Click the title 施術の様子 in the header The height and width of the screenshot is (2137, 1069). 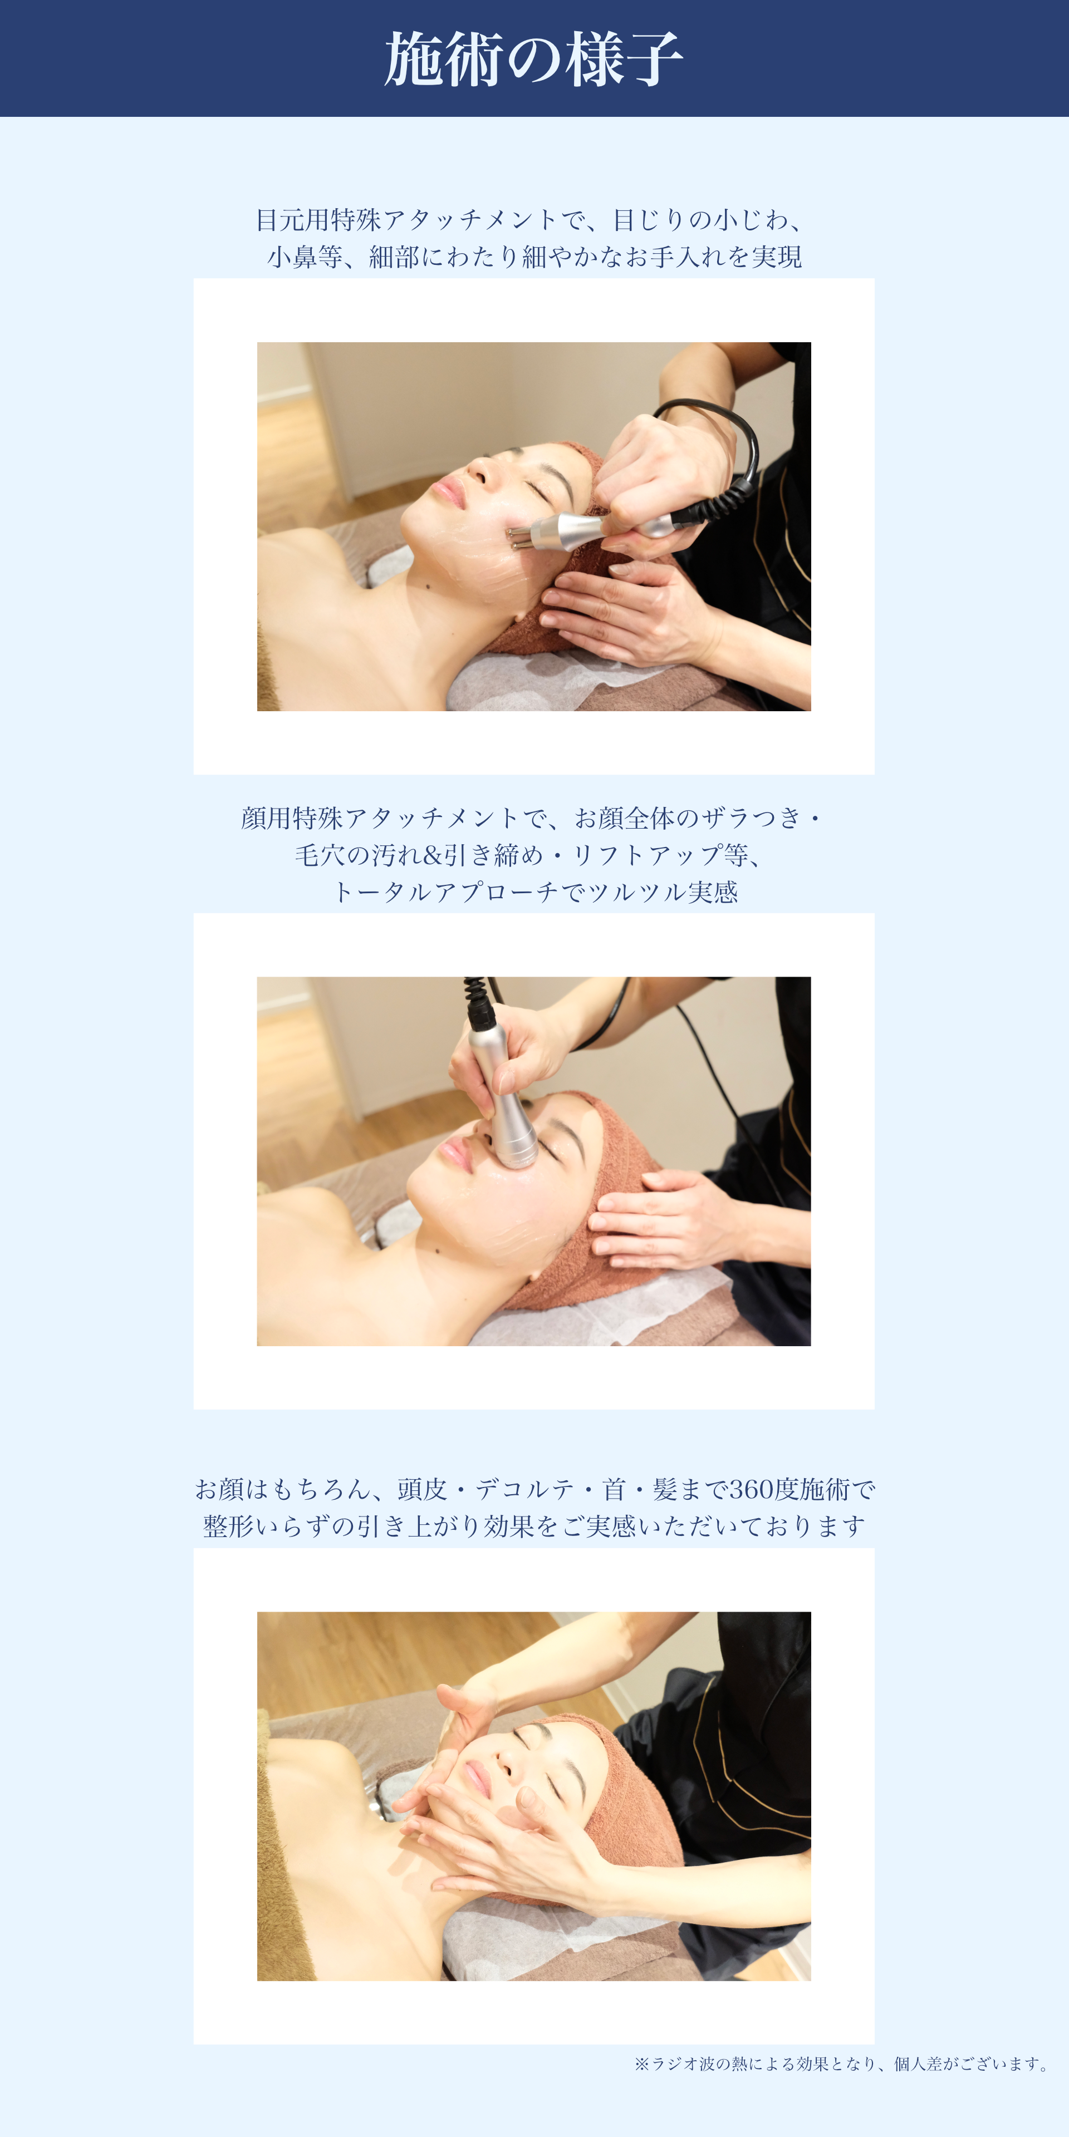(x=534, y=59)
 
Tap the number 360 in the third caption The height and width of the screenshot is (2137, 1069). (x=751, y=1489)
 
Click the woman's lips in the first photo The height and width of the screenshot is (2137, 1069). (x=448, y=492)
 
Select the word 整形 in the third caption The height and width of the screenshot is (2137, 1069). (x=228, y=1527)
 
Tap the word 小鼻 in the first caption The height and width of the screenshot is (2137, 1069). (x=292, y=257)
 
